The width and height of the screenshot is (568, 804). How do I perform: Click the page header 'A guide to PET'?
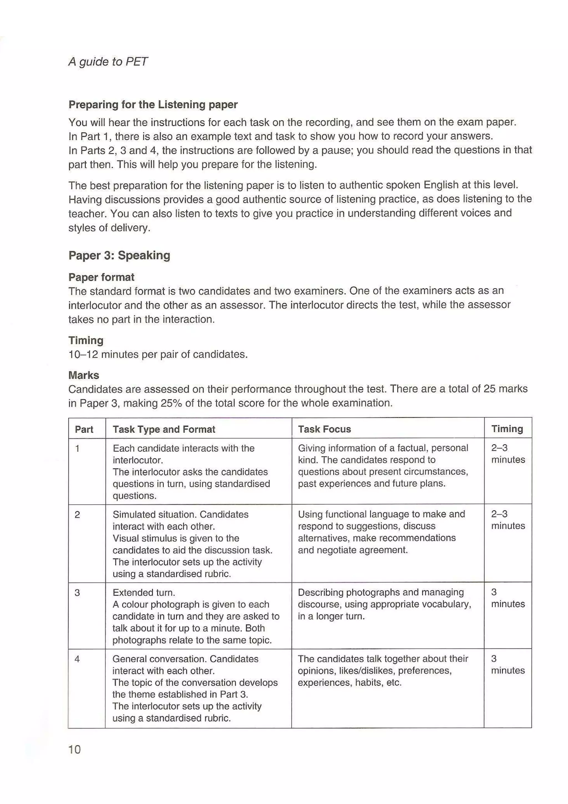(108, 62)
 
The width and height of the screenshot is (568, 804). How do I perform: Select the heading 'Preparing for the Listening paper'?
(153, 104)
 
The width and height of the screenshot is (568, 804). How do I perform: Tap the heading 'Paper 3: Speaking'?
(119, 255)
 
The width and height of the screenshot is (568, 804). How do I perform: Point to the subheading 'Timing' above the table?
(86, 340)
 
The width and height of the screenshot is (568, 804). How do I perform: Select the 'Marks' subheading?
(84, 375)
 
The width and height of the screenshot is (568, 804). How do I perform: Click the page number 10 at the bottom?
(75, 749)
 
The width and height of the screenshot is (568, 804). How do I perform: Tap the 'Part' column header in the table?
(84, 429)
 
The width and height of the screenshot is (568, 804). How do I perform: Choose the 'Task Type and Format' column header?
(164, 429)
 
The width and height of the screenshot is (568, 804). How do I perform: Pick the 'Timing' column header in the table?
(507, 429)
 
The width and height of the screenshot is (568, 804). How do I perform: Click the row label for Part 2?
(77, 514)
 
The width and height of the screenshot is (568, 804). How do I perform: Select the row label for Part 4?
(77, 659)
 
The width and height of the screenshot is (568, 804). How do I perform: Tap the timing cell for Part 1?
(508, 454)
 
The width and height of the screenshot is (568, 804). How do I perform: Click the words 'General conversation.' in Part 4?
(159, 659)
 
